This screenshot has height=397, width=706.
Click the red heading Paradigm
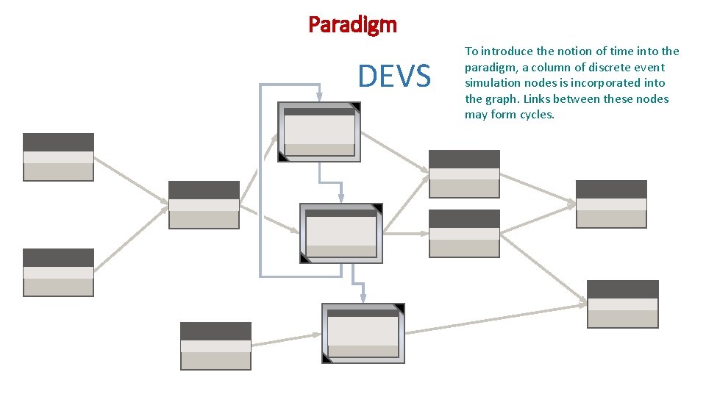pyautogui.click(x=352, y=25)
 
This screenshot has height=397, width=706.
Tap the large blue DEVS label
pyautogui.click(x=394, y=76)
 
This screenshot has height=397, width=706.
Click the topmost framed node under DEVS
pyautogui.click(x=319, y=132)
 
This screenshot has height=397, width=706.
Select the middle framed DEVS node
pyautogui.click(x=341, y=233)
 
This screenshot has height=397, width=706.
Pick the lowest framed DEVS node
pyautogui.click(x=363, y=333)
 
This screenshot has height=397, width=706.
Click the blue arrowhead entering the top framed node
pyautogui.click(x=319, y=97)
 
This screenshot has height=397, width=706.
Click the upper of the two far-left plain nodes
pyautogui.click(x=58, y=157)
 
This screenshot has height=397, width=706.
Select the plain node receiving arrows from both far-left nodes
pyautogui.click(x=204, y=205)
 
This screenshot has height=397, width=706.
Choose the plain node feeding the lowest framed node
pyautogui.click(x=215, y=346)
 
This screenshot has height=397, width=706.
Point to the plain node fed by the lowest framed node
pyautogui.click(x=622, y=304)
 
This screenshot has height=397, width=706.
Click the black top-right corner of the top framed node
pyautogui.click(x=356, y=107)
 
